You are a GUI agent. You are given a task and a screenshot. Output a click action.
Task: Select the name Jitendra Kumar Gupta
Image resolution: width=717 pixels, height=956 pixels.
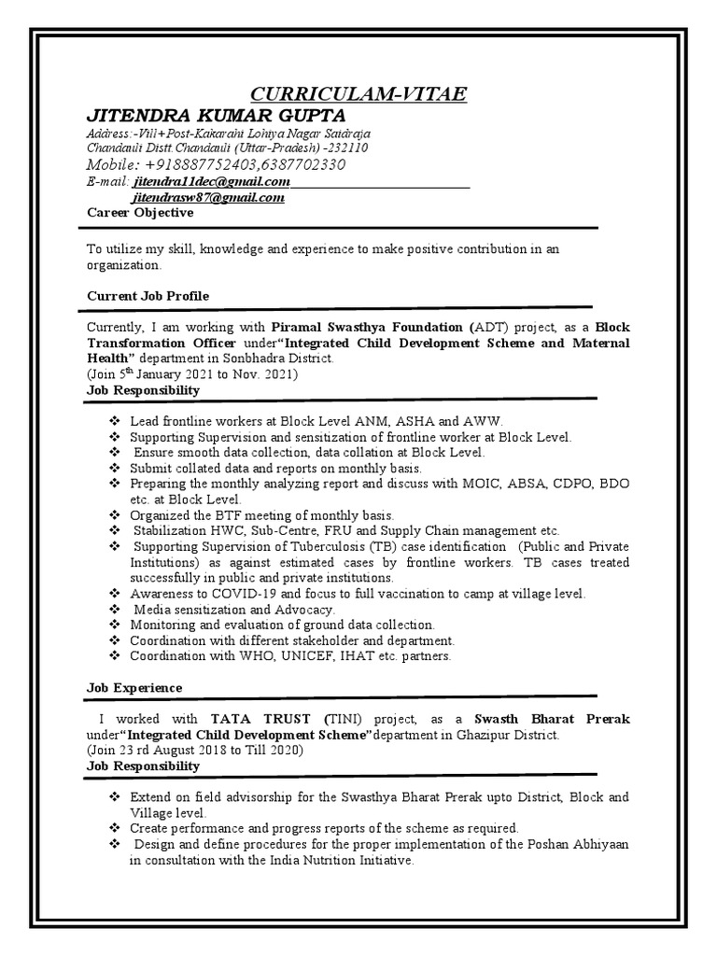pos(216,115)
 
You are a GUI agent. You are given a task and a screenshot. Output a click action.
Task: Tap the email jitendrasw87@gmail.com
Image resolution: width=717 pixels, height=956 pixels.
pos(208,198)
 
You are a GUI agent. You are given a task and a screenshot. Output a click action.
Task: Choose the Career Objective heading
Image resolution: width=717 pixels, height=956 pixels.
pos(140,213)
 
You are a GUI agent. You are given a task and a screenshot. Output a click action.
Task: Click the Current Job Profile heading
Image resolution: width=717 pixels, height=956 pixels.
pos(148,296)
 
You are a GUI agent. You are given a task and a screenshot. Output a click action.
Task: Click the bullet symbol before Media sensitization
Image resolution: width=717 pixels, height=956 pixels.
pos(114,609)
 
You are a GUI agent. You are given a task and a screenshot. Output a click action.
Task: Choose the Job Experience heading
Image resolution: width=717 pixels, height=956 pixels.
pos(134,688)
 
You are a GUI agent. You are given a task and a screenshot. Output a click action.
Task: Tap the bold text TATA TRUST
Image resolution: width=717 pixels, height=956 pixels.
pos(263,720)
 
